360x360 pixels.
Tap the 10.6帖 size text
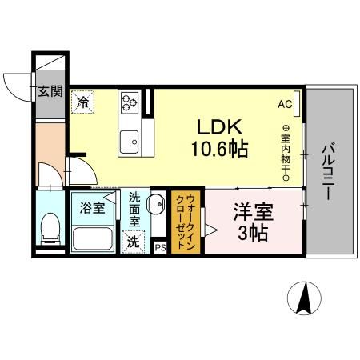tap(218, 149)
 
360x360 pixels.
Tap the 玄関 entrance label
tap(50, 91)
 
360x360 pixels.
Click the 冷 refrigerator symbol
tap(82, 102)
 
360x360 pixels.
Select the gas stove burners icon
tap(130, 102)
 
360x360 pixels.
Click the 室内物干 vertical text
tap(285, 152)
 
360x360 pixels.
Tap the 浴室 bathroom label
tap(90, 209)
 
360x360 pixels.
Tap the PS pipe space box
tap(160, 248)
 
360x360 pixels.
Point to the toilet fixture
tap(50, 229)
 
